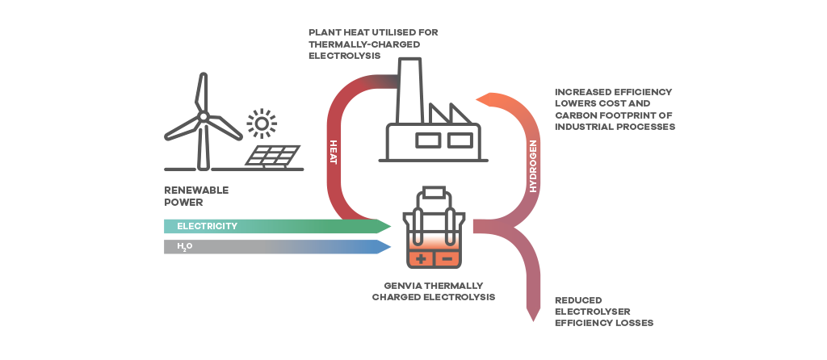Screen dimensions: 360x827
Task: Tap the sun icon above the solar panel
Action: (261, 123)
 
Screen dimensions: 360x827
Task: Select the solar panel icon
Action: (273, 156)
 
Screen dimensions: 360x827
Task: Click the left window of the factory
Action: (427, 140)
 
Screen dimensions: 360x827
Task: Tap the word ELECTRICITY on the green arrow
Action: (207, 226)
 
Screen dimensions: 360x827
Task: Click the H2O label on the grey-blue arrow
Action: (184, 246)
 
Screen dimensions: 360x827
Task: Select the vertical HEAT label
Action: (333, 153)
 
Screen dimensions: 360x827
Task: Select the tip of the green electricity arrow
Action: (388, 226)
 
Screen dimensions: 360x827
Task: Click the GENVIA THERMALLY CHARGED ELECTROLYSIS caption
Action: (433, 291)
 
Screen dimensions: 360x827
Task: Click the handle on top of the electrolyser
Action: (434, 192)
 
